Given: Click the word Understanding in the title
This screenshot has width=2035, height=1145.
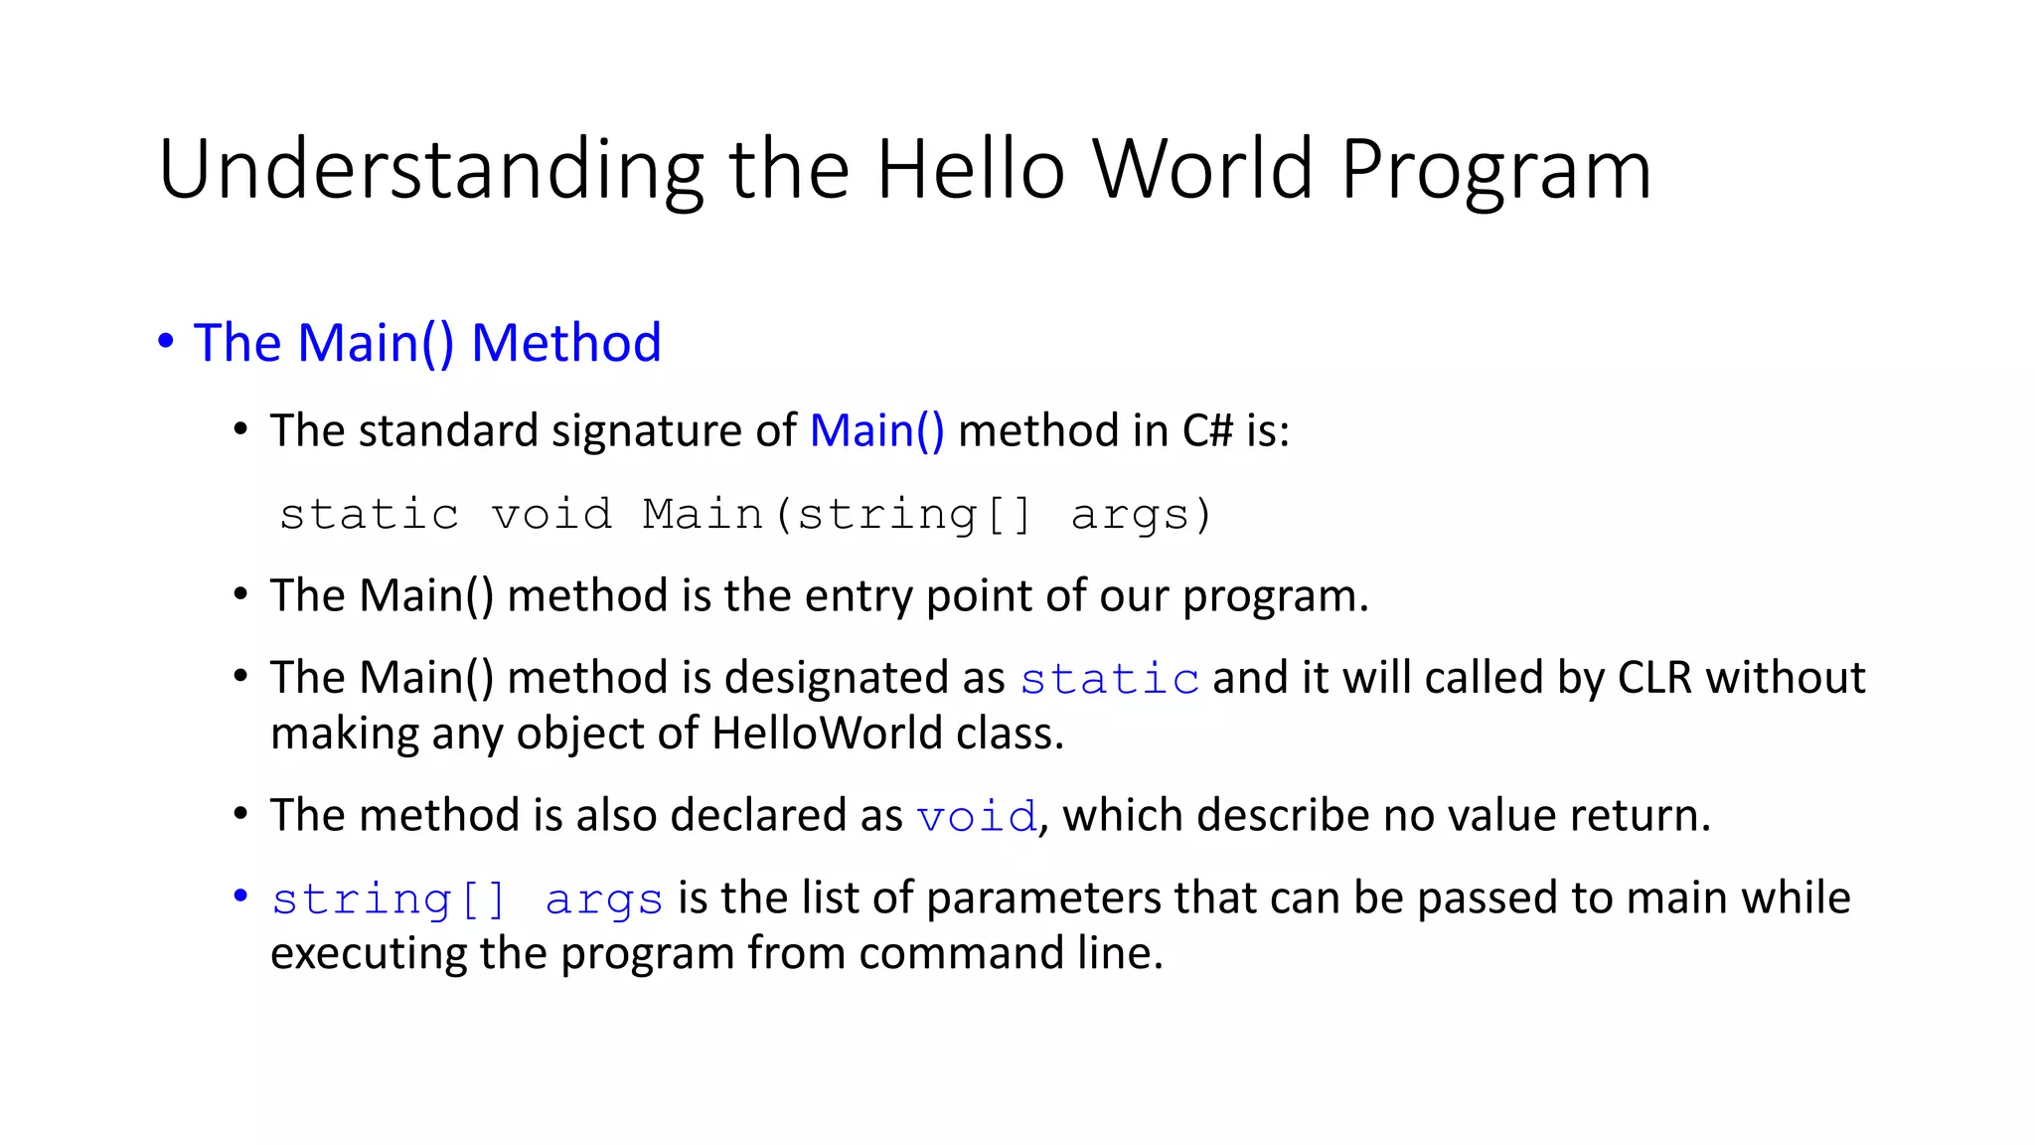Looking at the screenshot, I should pos(430,171).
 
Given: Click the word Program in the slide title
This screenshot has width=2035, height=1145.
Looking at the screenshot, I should pos(1495,171).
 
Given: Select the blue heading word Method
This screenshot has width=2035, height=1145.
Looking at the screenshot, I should pos(565,343).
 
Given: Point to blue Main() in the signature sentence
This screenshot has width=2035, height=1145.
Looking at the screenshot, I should pos(876,431).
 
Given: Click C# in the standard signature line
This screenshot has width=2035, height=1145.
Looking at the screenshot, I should pos(1206,431).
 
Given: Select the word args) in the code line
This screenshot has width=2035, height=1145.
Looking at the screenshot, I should pos(1142,515).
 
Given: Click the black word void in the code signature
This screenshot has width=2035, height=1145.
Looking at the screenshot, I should pos(551,515).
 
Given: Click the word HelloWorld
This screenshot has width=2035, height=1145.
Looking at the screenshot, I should pos(827,734).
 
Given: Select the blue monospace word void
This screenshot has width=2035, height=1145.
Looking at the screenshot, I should pos(976,817).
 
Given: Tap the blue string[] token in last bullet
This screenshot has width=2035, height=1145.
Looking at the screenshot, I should pos(389,900).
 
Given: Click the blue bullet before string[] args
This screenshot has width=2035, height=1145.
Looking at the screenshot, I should pos(239,897).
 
